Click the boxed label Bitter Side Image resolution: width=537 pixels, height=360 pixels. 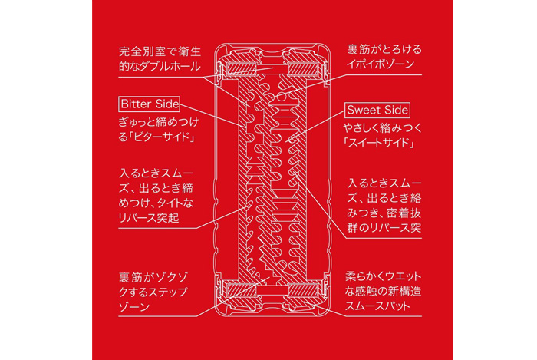pyautogui.click(x=150, y=103)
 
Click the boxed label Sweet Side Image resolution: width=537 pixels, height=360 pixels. pyautogui.click(x=378, y=110)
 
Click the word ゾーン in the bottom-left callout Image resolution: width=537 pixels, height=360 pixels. pyautogui.click(x=134, y=306)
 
